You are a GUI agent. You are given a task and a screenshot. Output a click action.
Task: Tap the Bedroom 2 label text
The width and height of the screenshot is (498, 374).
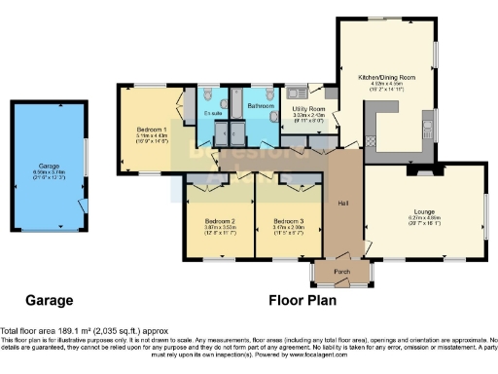(217, 219)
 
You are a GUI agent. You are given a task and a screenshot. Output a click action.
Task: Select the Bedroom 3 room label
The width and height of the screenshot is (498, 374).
(289, 219)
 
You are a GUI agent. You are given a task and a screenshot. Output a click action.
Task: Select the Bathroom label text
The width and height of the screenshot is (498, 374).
(260, 104)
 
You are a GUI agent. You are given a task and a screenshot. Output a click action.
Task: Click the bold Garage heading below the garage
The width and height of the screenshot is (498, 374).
(49, 300)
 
